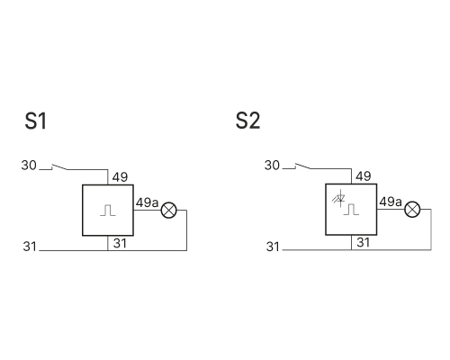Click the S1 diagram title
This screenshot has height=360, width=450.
point(36,121)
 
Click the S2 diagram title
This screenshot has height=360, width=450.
point(247,121)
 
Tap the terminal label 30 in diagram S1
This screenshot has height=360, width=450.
point(29,166)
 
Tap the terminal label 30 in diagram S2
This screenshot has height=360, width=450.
point(272,166)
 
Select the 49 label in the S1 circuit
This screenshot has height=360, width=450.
point(120,177)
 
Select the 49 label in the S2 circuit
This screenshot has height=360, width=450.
point(364,176)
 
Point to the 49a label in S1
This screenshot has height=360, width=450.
point(147,202)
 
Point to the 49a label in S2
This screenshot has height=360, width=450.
point(391,202)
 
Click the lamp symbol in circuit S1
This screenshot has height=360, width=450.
point(169,211)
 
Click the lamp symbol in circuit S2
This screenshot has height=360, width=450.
point(412,210)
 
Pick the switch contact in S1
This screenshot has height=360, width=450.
point(59,166)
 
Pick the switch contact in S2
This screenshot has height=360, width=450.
point(302,166)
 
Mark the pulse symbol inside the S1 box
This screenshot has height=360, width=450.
point(108,211)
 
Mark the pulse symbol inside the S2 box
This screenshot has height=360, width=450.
point(351,210)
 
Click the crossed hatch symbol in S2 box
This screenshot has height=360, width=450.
point(339,198)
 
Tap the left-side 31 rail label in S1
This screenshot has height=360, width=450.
point(30,247)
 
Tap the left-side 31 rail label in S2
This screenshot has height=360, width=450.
point(273,247)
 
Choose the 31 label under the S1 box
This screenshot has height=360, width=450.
point(120,243)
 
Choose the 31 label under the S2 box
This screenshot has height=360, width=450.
point(364,242)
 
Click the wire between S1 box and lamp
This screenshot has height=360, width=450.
point(148,210)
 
